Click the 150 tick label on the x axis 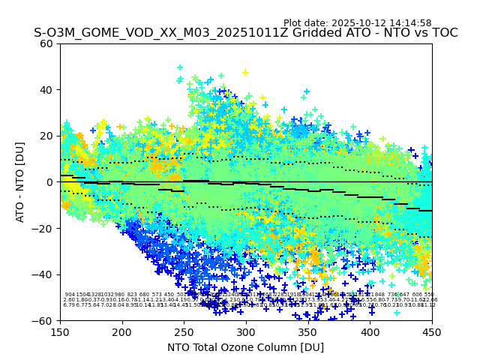pos(60,331)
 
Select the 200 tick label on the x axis pos(122,331)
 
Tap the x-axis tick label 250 pos(184,331)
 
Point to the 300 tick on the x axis pos(246,331)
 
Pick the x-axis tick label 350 pos(307,331)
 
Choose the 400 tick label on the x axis pos(370,331)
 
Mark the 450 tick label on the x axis pos(432,331)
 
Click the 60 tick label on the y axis pos(47,43)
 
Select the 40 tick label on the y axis pos(47,90)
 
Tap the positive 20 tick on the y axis pos(47,136)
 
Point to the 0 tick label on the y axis pos(50,182)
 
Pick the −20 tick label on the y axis pos(44,228)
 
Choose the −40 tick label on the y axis pos(44,274)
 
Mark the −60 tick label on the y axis pos(44,320)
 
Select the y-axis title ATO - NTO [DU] pos(20,181)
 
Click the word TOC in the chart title pos(443,34)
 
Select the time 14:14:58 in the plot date pos(410,23)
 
